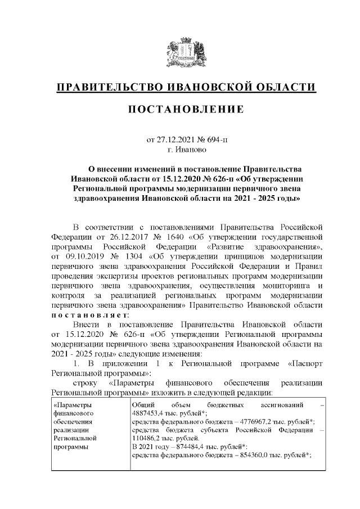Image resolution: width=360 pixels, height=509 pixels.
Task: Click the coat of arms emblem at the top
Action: click(180, 53)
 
